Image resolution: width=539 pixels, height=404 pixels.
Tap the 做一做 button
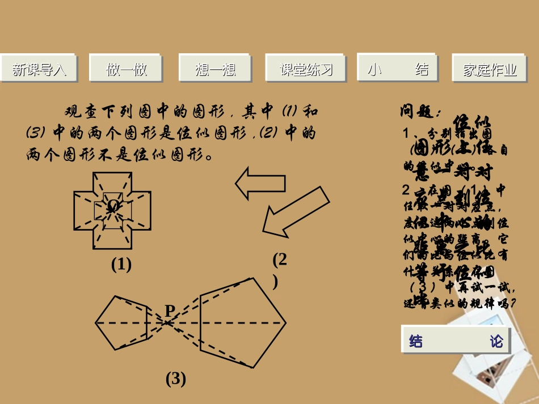click(127, 69)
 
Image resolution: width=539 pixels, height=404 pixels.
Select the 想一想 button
click(215, 69)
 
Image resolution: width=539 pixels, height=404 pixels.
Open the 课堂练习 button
click(306, 69)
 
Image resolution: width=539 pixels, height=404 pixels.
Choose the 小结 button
click(398, 69)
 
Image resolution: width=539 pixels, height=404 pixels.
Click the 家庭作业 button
click(490, 70)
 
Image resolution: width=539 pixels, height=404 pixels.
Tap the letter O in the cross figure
click(113, 205)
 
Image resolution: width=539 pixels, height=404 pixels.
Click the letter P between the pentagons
click(170, 310)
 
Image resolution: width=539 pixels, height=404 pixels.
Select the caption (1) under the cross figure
click(121, 264)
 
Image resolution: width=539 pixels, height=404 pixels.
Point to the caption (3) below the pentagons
click(176, 378)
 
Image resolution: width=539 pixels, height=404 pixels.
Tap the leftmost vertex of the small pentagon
click(96, 324)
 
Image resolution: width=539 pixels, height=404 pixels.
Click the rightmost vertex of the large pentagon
click(285, 324)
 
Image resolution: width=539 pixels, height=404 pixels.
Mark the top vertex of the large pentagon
click(254, 278)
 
